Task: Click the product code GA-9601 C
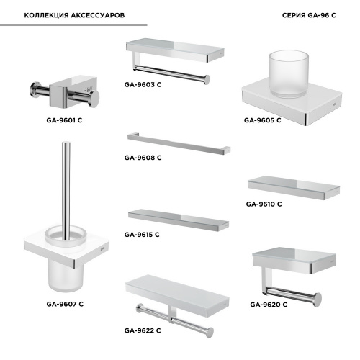tap(64, 120)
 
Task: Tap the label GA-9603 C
tap(143, 84)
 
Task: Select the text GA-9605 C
tap(262, 120)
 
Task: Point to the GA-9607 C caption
tap(65, 304)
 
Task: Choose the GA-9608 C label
tap(143, 158)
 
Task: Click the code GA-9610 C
tap(264, 204)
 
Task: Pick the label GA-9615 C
tap(142, 235)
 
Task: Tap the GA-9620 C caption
tap(269, 305)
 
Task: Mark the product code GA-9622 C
tap(143, 330)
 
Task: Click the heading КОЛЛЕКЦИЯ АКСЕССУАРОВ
tap(74, 15)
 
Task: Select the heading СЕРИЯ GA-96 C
tap(309, 15)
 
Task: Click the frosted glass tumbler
tap(288, 74)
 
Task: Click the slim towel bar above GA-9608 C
tap(179, 143)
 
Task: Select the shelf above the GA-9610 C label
tap(294, 188)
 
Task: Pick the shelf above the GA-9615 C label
tap(179, 220)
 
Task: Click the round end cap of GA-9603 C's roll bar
tap(207, 80)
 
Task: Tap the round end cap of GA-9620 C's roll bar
tap(318, 300)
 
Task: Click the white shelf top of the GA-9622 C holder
tap(177, 291)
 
